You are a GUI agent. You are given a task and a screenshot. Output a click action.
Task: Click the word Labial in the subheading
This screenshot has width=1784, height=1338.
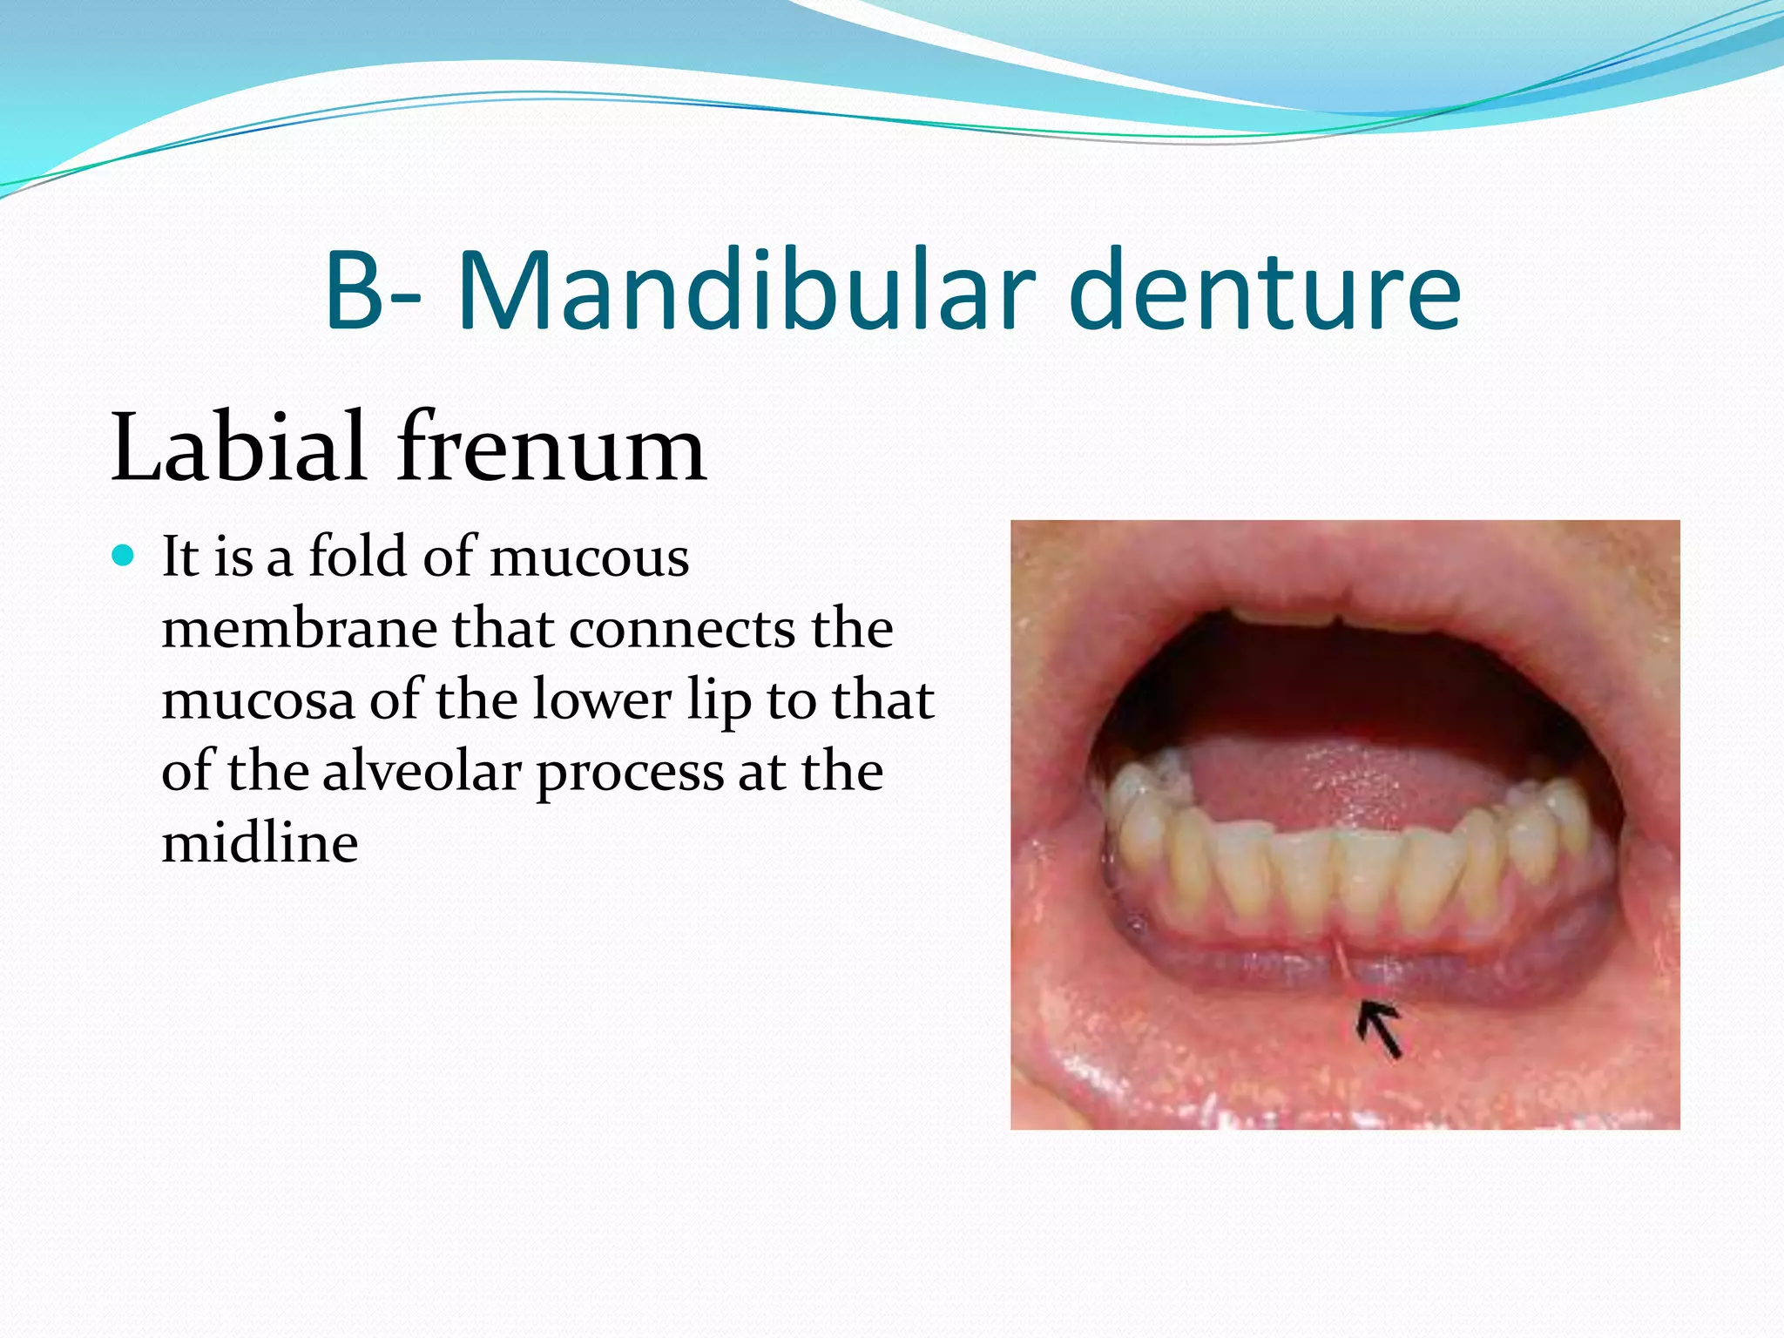point(238,448)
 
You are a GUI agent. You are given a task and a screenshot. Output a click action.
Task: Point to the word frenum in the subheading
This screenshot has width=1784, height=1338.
point(551,448)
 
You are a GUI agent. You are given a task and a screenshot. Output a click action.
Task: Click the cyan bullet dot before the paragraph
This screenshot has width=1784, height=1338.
point(124,556)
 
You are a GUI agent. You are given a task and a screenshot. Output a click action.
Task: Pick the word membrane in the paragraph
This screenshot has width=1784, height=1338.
point(299,629)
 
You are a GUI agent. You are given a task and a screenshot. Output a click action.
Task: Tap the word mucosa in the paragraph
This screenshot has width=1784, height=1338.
point(258,700)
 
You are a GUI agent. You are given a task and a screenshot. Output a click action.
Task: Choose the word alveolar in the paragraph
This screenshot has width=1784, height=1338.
point(422,772)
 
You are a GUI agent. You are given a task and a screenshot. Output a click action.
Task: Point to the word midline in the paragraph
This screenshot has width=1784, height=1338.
point(260,843)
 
